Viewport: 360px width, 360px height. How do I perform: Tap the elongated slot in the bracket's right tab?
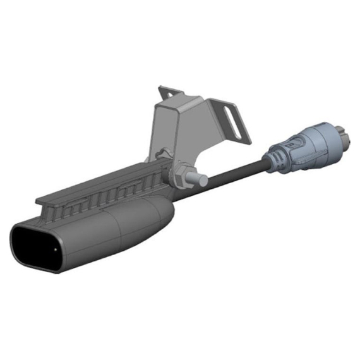pos(234,123)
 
